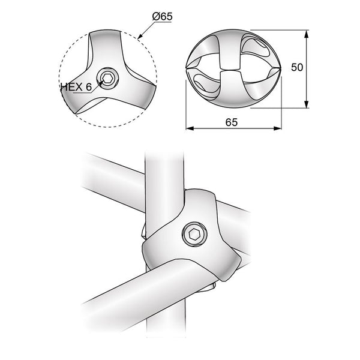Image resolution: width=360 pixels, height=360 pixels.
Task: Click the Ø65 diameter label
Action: coord(162,17)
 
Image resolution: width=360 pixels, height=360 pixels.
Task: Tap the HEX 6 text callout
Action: coord(76,87)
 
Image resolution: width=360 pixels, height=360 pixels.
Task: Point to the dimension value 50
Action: coord(297,67)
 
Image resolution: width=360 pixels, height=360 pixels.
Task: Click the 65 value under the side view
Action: coord(232,122)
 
